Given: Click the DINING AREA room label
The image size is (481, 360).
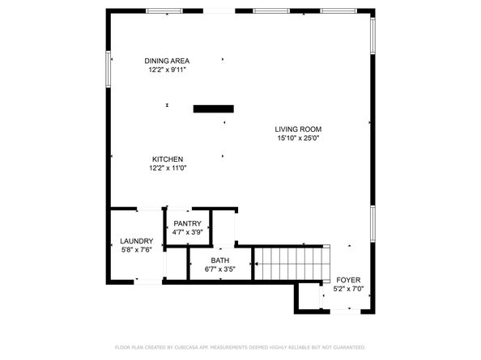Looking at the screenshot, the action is click(167, 61).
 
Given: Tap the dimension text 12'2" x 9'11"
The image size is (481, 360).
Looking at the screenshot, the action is click(167, 70).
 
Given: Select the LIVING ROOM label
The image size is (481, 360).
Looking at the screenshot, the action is click(298, 129).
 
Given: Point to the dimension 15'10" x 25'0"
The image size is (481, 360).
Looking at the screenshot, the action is click(298, 138).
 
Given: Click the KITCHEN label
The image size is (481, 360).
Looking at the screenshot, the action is click(168, 159).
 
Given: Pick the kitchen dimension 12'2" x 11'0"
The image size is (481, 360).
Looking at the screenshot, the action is click(168, 168).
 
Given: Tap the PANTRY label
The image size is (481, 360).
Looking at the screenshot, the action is click(187, 223).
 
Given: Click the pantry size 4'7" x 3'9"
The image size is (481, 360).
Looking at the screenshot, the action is click(187, 232).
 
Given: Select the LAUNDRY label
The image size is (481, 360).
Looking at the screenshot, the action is click(137, 241).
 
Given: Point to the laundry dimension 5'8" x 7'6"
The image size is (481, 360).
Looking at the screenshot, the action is click(137, 250).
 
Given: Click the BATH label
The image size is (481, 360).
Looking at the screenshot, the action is click(220, 260).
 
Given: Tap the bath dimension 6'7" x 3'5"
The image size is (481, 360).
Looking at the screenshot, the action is click(220, 269).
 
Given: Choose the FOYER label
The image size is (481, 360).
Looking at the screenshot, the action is click(348, 280).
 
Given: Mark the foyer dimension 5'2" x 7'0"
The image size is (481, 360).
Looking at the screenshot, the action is click(348, 289).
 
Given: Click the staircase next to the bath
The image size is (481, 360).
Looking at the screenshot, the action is click(292, 264).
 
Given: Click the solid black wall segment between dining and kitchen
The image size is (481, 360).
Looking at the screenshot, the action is click(214, 108).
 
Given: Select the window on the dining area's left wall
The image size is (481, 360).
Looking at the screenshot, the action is click(108, 69).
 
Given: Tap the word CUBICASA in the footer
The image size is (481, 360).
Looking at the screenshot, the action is click(187, 347).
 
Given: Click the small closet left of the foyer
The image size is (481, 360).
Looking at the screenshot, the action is click(309, 297).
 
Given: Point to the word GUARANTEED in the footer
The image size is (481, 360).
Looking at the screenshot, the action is click(349, 347).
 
